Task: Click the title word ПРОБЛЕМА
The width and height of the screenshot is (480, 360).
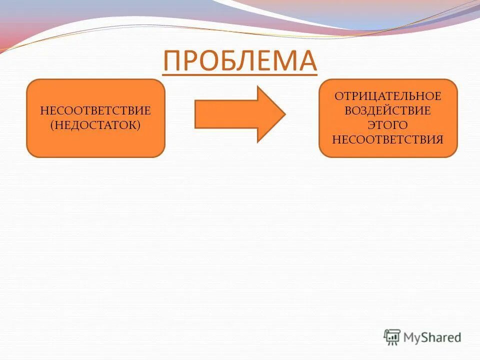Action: tap(239, 61)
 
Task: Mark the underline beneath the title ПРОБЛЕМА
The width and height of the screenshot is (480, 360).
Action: tap(239, 75)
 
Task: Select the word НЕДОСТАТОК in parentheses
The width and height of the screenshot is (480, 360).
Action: tap(95, 124)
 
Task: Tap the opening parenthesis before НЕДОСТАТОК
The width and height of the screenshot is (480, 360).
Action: tap(51, 124)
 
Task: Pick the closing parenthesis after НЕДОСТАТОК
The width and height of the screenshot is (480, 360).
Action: tap(139, 124)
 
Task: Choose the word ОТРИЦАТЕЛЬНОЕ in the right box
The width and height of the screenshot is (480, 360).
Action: tap(388, 96)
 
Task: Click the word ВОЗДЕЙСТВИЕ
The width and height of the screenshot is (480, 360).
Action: tap(388, 110)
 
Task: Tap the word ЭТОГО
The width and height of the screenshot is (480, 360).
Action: tap(388, 124)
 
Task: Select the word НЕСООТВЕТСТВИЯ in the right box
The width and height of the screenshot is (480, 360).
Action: tap(388, 139)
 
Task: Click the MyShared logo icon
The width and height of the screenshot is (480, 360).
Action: tap(392, 337)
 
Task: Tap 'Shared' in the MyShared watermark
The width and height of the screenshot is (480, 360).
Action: tap(443, 337)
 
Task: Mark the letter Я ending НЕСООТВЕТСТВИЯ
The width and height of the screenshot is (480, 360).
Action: tap(439, 139)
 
